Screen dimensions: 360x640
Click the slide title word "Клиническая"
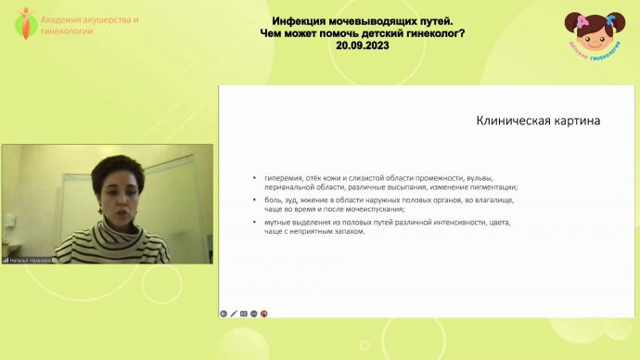(509, 121)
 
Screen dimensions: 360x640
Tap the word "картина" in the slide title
(573, 121)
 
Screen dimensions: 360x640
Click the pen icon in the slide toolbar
(234, 314)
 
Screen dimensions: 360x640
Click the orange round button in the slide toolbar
(264, 314)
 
